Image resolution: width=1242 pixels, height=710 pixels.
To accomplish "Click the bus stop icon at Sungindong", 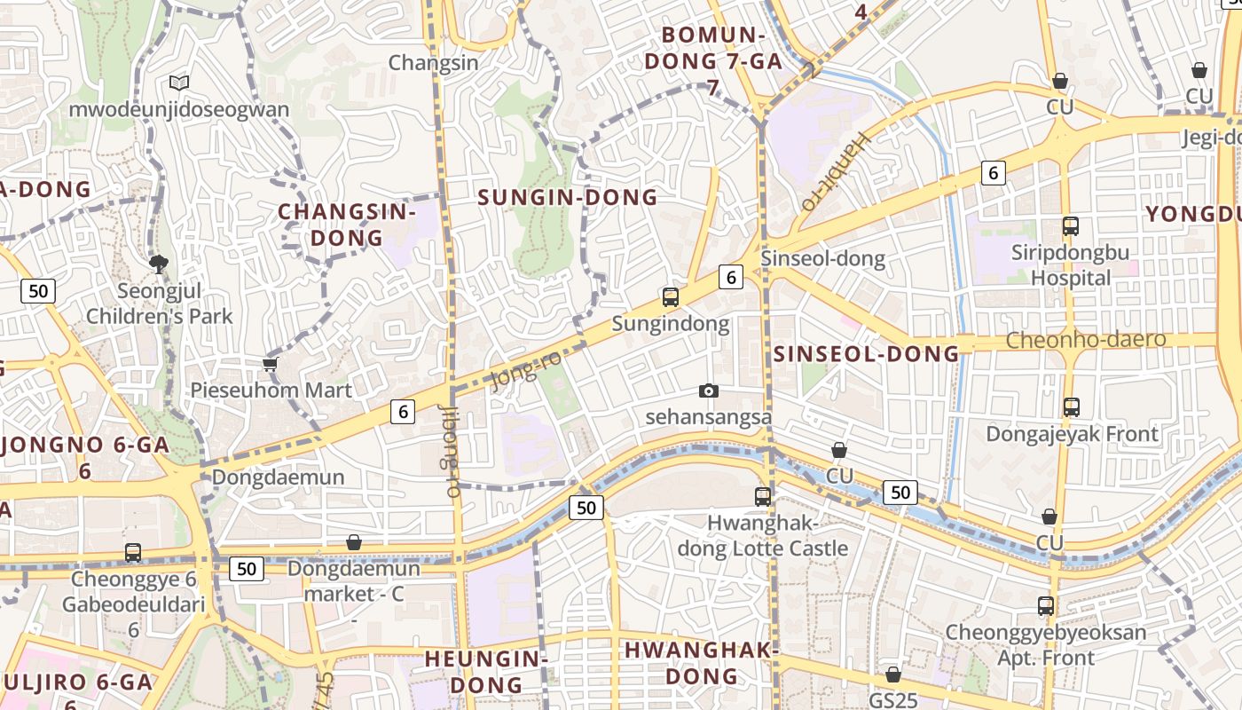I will [x=671, y=297].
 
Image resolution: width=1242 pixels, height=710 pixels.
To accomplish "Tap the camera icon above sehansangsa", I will [x=708, y=390].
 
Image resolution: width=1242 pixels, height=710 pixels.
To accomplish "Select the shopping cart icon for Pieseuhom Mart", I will [x=271, y=364].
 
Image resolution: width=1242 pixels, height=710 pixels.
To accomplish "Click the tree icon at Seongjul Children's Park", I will [x=159, y=263].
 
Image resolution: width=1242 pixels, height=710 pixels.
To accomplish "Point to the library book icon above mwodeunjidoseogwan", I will [x=179, y=83].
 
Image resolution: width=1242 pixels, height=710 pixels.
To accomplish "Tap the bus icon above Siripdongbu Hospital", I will [x=1071, y=226].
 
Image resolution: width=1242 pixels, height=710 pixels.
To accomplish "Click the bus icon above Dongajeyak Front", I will [x=1072, y=407].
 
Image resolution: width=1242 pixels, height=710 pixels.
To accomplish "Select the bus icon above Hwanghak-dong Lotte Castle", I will [x=763, y=497].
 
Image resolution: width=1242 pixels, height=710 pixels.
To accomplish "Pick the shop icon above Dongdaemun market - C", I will [x=354, y=541].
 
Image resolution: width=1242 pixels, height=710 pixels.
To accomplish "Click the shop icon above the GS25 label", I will [x=893, y=674].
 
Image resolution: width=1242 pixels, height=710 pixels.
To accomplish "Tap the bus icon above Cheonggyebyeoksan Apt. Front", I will [x=1046, y=606].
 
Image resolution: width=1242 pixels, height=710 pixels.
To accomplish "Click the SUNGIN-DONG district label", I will [x=568, y=197].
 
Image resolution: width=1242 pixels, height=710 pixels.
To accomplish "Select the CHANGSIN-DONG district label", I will [x=346, y=225].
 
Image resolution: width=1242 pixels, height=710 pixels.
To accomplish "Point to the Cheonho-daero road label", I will [x=1086, y=340].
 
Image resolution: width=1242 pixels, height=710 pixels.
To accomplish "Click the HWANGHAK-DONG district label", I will [x=701, y=662].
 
